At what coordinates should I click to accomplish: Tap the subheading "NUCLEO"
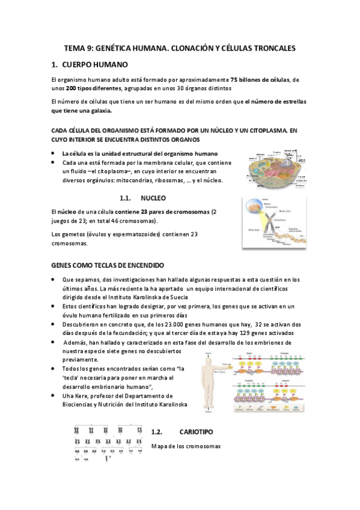[x=153, y=198]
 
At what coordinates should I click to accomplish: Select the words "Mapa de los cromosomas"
[x=186, y=446]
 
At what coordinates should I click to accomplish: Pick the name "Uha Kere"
[x=76, y=396]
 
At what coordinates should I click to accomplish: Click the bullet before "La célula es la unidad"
[x=54, y=153]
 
